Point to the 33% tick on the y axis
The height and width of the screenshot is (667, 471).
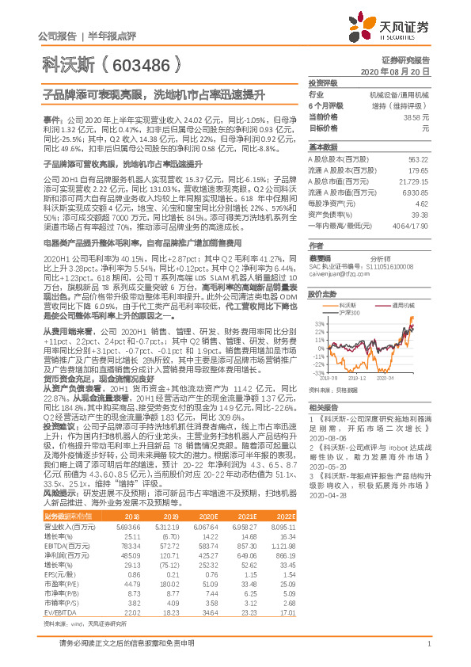[318, 323]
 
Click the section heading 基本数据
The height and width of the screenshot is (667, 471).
[322, 147]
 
